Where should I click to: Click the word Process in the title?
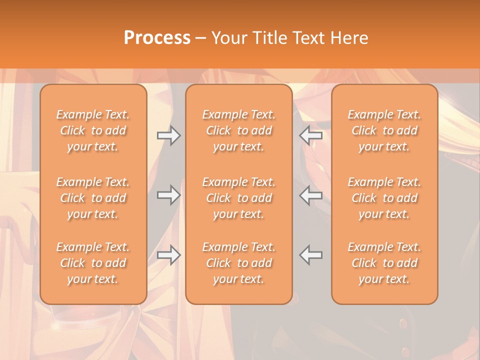[157, 37]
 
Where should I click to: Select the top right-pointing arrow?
[169, 135]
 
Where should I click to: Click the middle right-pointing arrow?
[169, 195]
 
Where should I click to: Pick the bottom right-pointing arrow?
[169, 255]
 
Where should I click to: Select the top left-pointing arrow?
[310, 135]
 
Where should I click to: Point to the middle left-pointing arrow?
[310, 195]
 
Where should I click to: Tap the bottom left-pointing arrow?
[310, 255]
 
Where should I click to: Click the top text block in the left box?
[93, 130]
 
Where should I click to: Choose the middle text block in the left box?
[93, 198]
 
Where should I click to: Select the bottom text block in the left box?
[93, 263]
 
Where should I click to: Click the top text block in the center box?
[239, 130]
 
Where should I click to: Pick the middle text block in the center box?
[239, 198]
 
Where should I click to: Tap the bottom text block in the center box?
[239, 263]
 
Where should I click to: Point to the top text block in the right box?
[384, 130]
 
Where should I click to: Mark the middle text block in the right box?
[384, 198]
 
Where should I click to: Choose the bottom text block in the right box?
[384, 263]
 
